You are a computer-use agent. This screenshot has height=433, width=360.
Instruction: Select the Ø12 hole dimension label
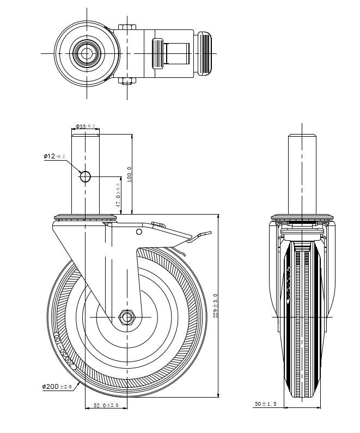[x=54, y=156]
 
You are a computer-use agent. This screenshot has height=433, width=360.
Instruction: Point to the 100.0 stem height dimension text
[x=129, y=175]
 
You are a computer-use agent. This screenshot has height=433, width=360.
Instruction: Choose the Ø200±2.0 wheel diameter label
[x=57, y=386]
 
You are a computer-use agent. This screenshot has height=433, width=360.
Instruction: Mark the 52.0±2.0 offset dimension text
[x=106, y=405]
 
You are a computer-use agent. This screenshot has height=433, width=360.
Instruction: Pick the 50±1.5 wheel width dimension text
[x=266, y=404]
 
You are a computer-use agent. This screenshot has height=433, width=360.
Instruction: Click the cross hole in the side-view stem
[x=86, y=176]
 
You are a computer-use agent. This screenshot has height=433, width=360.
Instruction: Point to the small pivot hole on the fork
[x=139, y=232]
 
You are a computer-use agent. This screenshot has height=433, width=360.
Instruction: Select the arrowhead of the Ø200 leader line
[x=79, y=383]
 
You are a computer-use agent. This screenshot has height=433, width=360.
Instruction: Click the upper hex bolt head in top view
[x=126, y=27]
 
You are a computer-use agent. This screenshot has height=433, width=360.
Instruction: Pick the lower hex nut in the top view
[x=126, y=81]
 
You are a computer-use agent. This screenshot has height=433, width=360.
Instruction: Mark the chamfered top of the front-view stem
[x=303, y=136]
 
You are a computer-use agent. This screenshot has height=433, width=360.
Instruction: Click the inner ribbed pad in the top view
[x=157, y=53]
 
